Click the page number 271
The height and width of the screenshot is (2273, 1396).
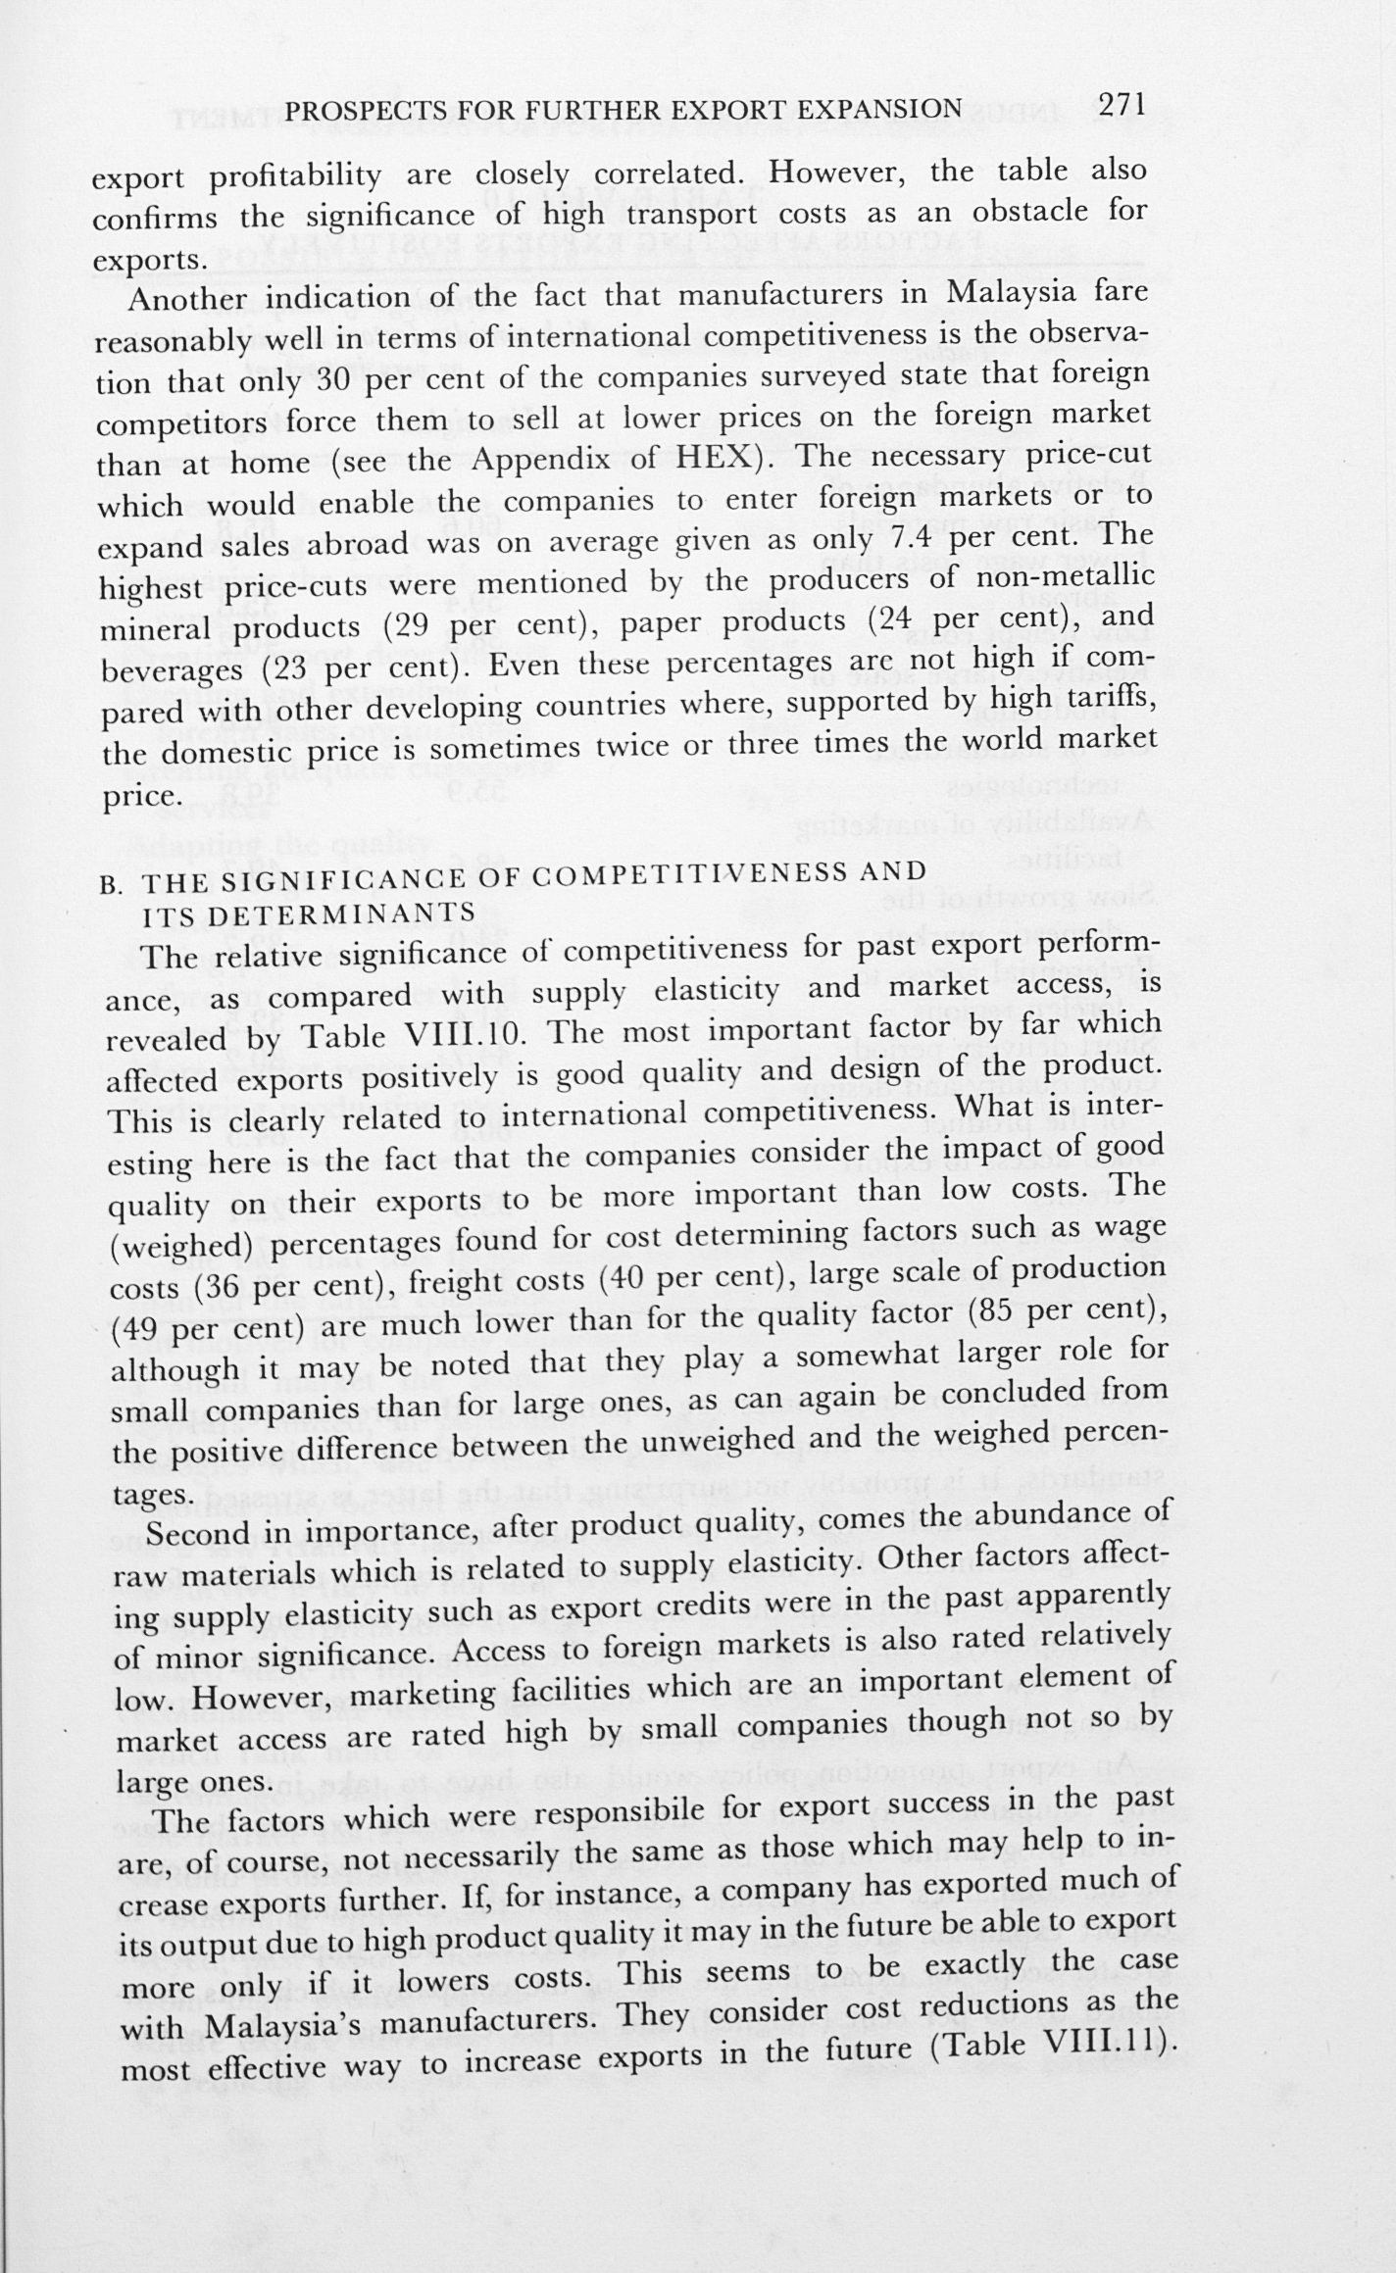tap(1121, 104)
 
